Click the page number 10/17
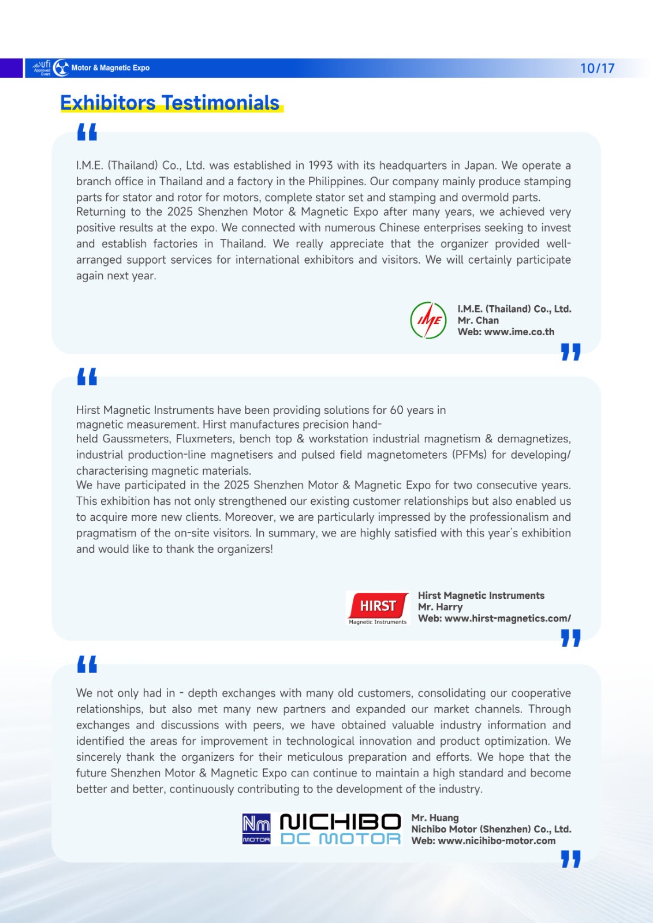tap(597, 68)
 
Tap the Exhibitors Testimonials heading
tap(170, 103)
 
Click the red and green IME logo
tap(428, 320)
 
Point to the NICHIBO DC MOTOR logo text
tap(340, 830)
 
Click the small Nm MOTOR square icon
tap(256, 829)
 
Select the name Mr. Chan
tap(478, 320)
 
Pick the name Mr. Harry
tap(440, 607)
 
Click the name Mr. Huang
tap(435, 817)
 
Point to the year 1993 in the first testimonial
tap(320, 166)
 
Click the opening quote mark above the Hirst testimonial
tap(87, 377)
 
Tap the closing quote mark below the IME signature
tap(570, 352)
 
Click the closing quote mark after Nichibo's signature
tap(570, 859)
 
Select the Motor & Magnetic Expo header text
tap(110, 68)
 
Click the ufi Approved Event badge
tap(42, 68)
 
